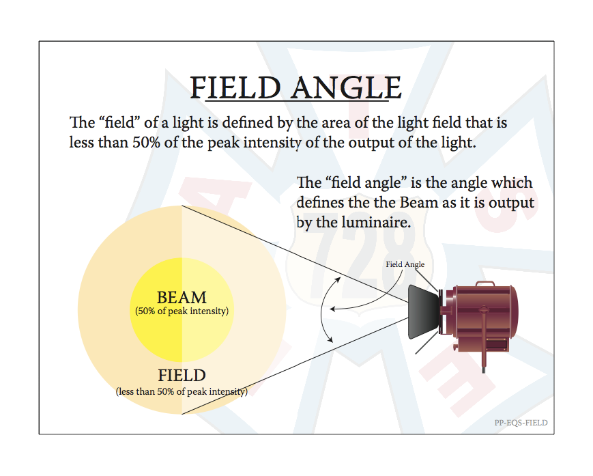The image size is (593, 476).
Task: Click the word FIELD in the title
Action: point(235,87)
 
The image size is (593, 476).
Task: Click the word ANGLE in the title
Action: point(347,87)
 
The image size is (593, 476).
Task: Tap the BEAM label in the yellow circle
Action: point(182,297)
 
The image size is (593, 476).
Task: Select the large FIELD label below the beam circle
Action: point(182,376)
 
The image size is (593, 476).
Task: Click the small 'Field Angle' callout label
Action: point(405,264)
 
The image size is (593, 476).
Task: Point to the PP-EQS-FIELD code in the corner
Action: point(521,423)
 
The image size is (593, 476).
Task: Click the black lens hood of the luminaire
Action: point(424,312)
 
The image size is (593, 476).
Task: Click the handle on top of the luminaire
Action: point(484,283)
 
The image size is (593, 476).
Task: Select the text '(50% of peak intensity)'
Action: point(182,311)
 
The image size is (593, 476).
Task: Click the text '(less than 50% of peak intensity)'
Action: point(182,391)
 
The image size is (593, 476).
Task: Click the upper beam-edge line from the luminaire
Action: point(295,254)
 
